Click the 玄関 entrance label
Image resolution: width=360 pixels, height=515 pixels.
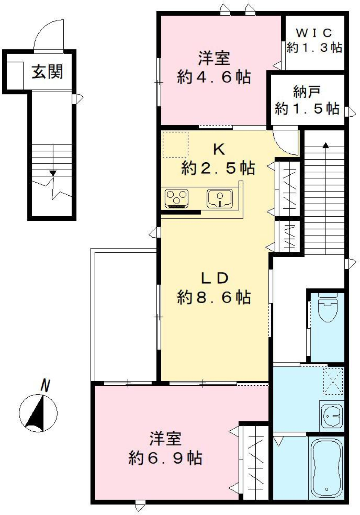47,72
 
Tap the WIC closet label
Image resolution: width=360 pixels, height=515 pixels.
314,33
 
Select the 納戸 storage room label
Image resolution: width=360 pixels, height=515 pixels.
307,91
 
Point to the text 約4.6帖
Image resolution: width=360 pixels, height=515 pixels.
214,78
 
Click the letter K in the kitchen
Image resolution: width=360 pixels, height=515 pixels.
219,150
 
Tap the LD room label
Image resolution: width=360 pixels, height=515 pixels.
214,278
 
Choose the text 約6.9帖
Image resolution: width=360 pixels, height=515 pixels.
165,458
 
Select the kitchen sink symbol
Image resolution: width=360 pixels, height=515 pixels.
219,198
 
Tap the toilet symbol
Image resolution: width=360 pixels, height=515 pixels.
328,309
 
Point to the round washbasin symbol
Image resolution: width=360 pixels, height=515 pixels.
332,416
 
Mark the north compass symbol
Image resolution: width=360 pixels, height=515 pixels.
38,413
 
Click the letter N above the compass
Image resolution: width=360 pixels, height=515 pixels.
45,386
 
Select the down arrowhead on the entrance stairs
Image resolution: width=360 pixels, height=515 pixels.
53,173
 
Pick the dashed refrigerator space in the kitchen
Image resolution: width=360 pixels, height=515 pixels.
175,144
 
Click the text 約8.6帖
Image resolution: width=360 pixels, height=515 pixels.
214,298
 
